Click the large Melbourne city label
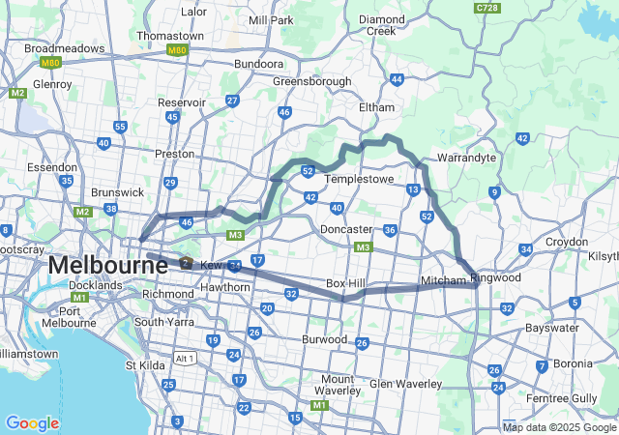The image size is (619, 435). (97, 264)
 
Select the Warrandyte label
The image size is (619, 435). (466, 157)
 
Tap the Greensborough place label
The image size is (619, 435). (311, 81)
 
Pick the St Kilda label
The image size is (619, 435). (145, 365)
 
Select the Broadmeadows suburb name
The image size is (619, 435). (64, 47)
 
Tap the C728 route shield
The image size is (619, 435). (487, 8)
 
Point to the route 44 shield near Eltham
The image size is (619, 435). (397, 79)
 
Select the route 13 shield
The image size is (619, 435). (413, 189)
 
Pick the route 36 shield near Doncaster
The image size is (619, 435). (390, 230)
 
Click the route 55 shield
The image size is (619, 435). (120, 127)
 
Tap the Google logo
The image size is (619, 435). (32, 422)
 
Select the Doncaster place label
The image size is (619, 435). (346, 229)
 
